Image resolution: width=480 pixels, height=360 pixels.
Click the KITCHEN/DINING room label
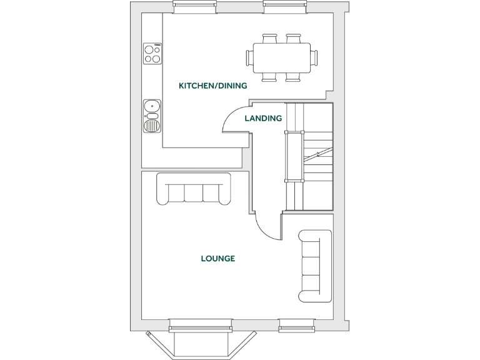click(x=213, y=86)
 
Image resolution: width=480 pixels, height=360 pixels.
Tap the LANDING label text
click(x=263, y=118)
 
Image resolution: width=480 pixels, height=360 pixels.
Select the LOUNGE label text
click(x=217, y=258)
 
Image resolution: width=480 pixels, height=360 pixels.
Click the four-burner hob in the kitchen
click(x=152, y=54)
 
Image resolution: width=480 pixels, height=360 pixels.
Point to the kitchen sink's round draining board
click(x=152, y=126)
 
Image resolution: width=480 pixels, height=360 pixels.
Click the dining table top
click(x=281, y=57)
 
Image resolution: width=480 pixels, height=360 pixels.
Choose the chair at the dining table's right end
click(x=314, y=57)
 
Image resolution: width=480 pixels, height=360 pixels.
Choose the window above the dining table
click(x=284, y=7)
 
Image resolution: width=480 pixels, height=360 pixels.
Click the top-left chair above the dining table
click(x=270, y=39)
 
